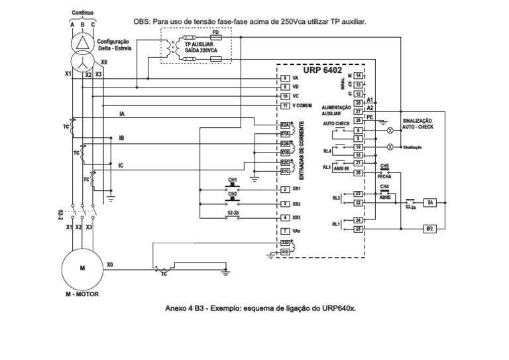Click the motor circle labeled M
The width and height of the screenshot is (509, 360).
[x=82, y=267]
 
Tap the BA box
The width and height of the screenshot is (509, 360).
[x=429, y=202]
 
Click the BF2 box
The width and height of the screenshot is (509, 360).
[x=429, y=229]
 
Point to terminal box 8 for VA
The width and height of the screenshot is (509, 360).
[x=284, y=78]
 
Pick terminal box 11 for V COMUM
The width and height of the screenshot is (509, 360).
[x=284, y=105]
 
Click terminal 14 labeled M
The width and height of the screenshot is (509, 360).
[x=357, y=76]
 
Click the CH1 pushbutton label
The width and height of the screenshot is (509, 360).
[x=233, y=180]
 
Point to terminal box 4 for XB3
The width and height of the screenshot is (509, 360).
[x=284, y=217]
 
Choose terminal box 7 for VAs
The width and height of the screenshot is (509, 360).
[x=284, y=231]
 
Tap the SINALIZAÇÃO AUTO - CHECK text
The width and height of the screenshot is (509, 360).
[x=418, y=123]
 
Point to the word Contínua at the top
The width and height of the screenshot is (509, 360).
[x=83, y=12]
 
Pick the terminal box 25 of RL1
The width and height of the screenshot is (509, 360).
[x=357, y=229]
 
